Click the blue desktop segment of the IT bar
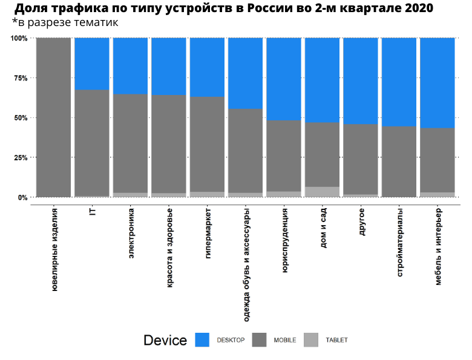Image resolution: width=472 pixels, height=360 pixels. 92,64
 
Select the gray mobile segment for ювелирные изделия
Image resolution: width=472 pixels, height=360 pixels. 53,117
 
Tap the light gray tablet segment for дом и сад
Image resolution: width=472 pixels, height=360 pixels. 322,192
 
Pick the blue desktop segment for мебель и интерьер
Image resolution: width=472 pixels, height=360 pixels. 437,83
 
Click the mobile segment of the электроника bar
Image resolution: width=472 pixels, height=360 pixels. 130,143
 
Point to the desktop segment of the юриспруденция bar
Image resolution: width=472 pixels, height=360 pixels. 284,79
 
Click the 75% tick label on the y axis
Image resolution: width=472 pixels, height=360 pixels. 19,78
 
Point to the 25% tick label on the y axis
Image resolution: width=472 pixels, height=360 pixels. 19,157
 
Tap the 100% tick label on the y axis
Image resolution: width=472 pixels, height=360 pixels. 18,38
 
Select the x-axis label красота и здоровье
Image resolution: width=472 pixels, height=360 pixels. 169,249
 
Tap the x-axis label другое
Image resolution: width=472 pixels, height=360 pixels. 361,221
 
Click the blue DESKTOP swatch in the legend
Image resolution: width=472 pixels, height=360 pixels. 202,340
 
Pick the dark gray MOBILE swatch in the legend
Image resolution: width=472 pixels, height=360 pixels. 259,340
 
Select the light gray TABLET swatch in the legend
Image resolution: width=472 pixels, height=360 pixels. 311,340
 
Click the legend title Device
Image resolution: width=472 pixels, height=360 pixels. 165,341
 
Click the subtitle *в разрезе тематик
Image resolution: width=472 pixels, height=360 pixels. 65,22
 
